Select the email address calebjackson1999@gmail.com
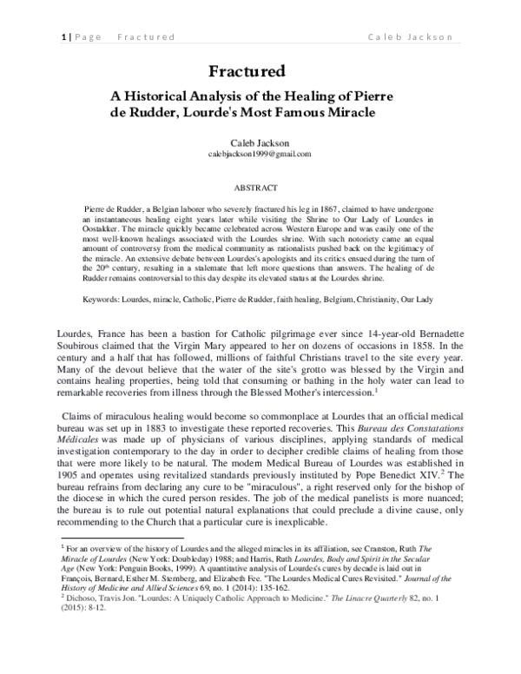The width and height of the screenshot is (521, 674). pyautogui.click(x=260, y=153)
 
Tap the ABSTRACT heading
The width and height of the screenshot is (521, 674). pyautogui.click(x=260, y=187)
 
